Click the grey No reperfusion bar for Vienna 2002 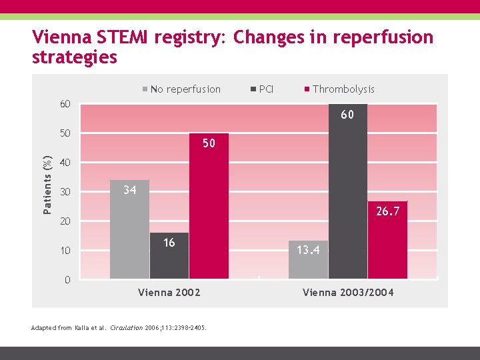(x=129, y=229)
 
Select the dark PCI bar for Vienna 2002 (x=169, y=256)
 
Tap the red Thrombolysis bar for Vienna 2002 (x=209, y=206)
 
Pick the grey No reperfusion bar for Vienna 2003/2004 (x=308, y=260)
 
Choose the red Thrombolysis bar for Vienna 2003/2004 (x=387, y=240)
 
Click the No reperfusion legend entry (x=181, y=89)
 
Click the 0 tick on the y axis (x=67, y=280)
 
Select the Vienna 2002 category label (x=169, y=293)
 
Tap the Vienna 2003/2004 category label (x=348, y=293)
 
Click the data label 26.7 (x=387, y=211)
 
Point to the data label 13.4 (x=308, y=251)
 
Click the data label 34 (x=129, y=191)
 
